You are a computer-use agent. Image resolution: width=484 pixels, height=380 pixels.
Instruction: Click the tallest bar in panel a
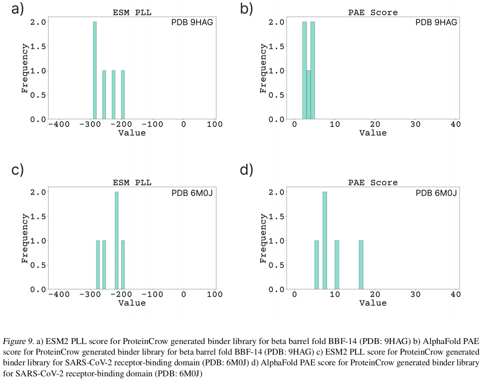tap(95, 70)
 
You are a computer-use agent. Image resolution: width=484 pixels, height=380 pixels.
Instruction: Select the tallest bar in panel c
tap(116, 240)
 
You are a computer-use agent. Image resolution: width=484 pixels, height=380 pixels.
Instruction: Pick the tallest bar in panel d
tap(325, 240)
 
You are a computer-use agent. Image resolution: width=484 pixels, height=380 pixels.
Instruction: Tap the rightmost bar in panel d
tap(361, 265)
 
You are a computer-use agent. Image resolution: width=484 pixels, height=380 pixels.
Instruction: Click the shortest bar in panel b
tap(309, 94)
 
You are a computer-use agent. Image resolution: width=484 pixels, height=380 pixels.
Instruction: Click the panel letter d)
tap(246, 169)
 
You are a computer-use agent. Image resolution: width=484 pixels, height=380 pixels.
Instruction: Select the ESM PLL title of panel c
tap(132, 183)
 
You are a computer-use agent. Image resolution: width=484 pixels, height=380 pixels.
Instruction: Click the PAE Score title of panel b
tap(373, 12)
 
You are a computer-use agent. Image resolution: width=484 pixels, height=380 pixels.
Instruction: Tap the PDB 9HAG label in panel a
tap(192, 22)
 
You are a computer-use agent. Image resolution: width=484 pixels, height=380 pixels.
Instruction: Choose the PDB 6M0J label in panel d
tap(436, 193)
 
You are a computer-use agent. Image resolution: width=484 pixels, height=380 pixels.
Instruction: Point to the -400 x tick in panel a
tap(59, 124)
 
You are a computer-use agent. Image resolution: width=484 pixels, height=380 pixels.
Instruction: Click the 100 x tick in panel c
tap(215, 294)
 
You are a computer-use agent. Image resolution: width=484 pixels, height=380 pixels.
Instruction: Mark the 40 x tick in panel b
tap(455, 124)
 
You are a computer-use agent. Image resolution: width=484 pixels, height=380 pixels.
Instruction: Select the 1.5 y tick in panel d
tap(276, 216)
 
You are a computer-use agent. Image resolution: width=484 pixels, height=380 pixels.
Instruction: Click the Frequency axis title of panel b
tap(263, 68)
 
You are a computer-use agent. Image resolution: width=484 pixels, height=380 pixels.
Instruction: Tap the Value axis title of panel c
tap(132, 303)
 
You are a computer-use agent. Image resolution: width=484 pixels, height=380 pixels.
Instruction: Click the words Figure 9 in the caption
tap(18, 341)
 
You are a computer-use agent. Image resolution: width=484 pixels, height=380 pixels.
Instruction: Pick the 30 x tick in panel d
tap(415, 294)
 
